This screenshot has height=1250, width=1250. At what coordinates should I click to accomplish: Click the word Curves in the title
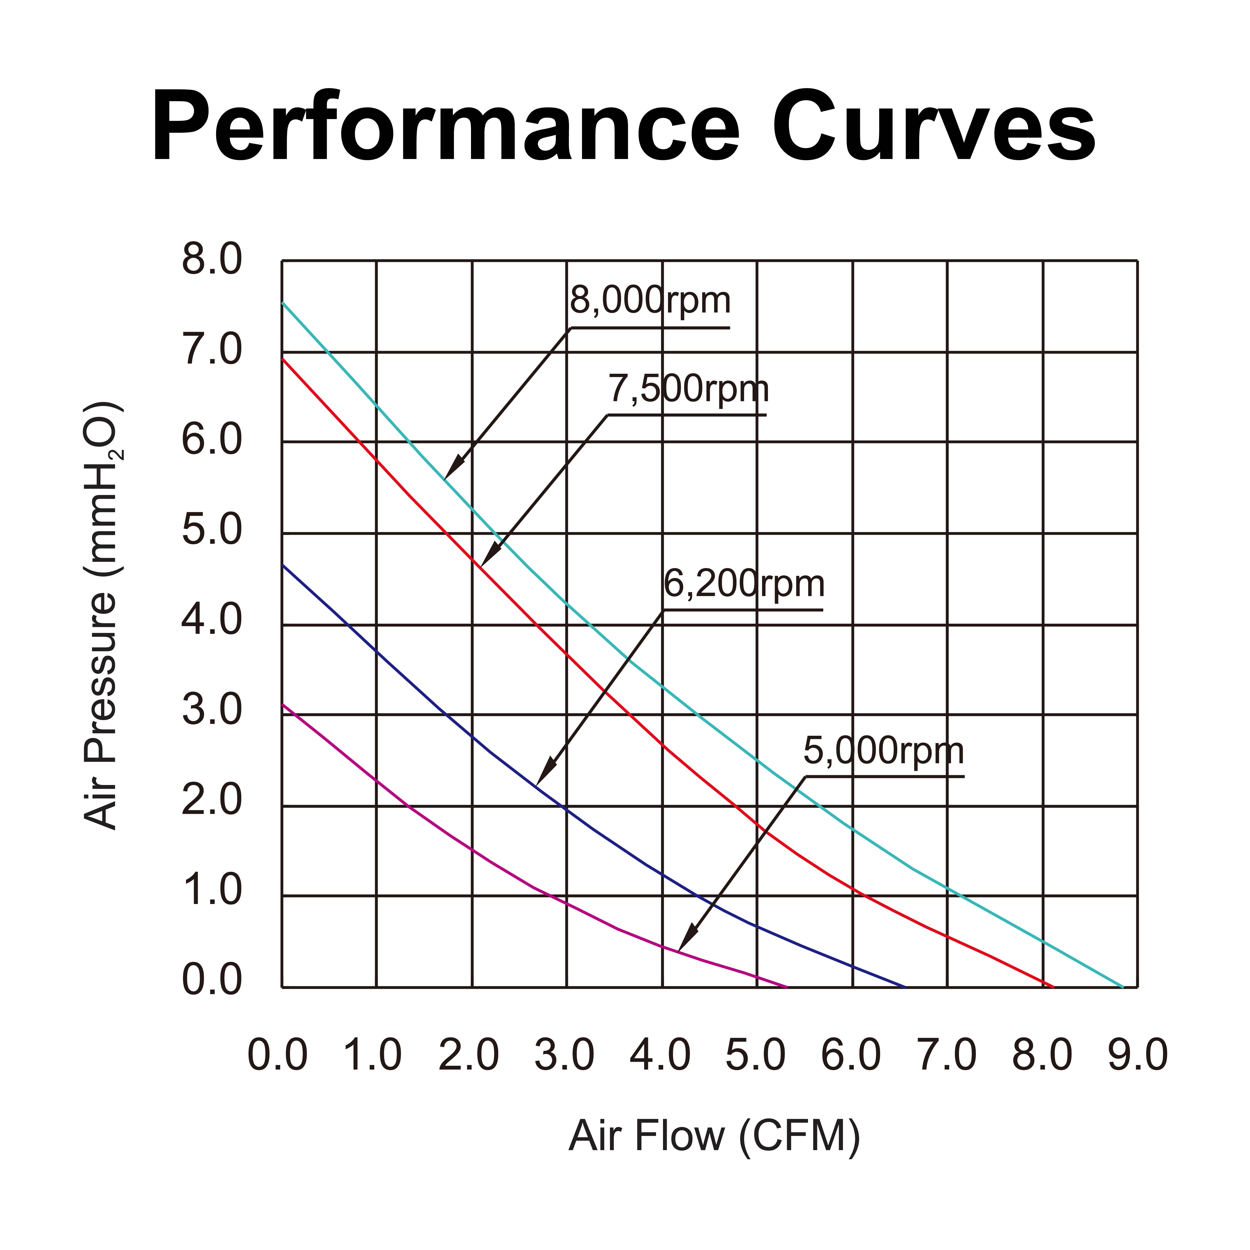tap(933, 126)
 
